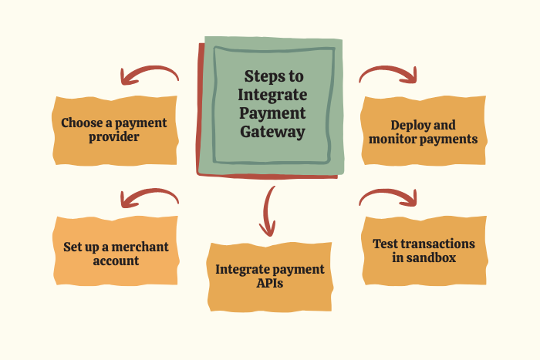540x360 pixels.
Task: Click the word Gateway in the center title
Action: point(274,132)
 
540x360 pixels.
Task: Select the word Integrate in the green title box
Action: point(274,95)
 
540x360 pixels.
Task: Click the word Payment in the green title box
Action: point(274,113)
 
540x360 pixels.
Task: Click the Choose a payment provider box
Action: point(114,130)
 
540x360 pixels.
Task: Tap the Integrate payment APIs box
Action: point(270,277)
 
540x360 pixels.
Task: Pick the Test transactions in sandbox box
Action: point(424,251)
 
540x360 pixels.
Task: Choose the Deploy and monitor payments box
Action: point(423,132)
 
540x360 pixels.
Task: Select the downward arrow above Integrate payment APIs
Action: point(268,210)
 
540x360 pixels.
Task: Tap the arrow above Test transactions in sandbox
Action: point(389,198)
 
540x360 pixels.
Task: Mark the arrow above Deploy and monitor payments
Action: point(389,74)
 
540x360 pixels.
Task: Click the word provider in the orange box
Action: point(114,138)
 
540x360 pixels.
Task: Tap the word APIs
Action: point(270,284)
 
